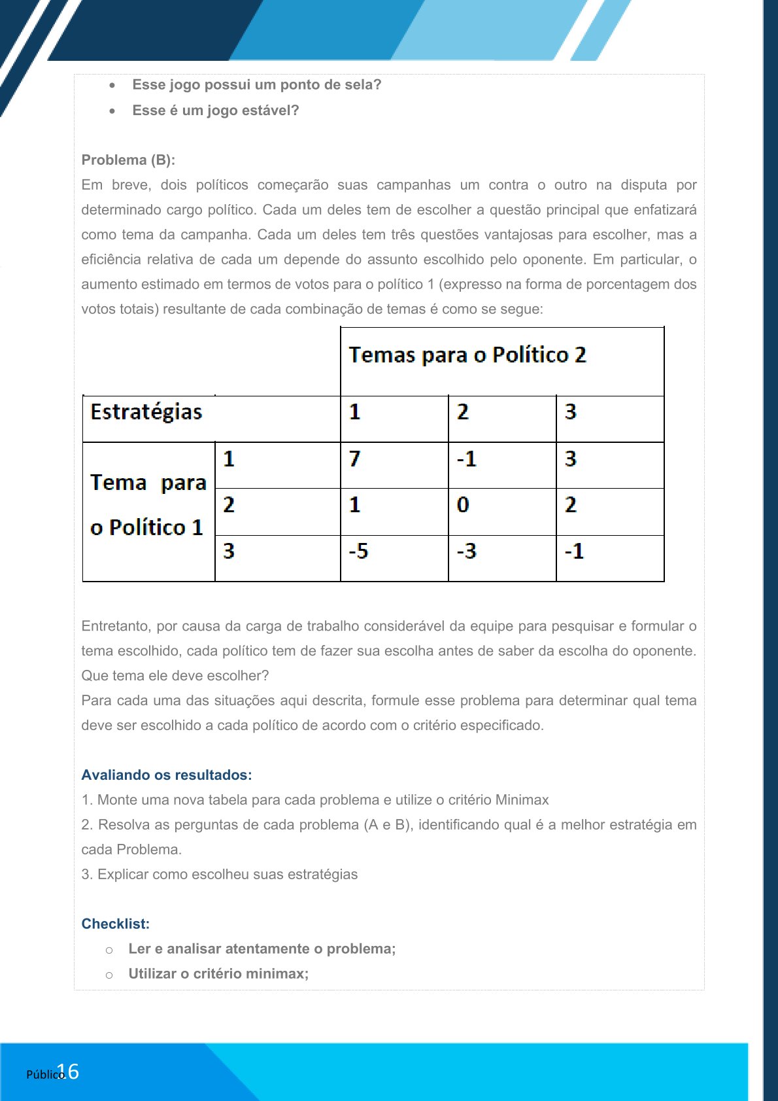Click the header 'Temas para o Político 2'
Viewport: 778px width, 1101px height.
[x=467, y=355]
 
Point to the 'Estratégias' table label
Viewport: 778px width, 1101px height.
[x=146, y=412]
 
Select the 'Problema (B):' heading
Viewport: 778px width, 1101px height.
[x=128, y=160]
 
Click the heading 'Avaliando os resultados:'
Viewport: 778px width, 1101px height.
[x=167, y=775]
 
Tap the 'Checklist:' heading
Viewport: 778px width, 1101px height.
[x=116, y=924]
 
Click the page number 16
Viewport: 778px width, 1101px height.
[x=69, y=1072]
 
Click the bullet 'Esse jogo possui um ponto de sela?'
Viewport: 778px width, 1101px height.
[x=256, y=85]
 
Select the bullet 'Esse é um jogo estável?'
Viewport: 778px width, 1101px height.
[x=215, y=111]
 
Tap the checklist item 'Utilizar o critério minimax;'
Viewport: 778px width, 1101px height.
[x=218, y=974]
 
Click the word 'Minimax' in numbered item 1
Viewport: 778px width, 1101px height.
[x=522, y=800]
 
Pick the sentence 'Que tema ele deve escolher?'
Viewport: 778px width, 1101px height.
[x=175, y=676]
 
